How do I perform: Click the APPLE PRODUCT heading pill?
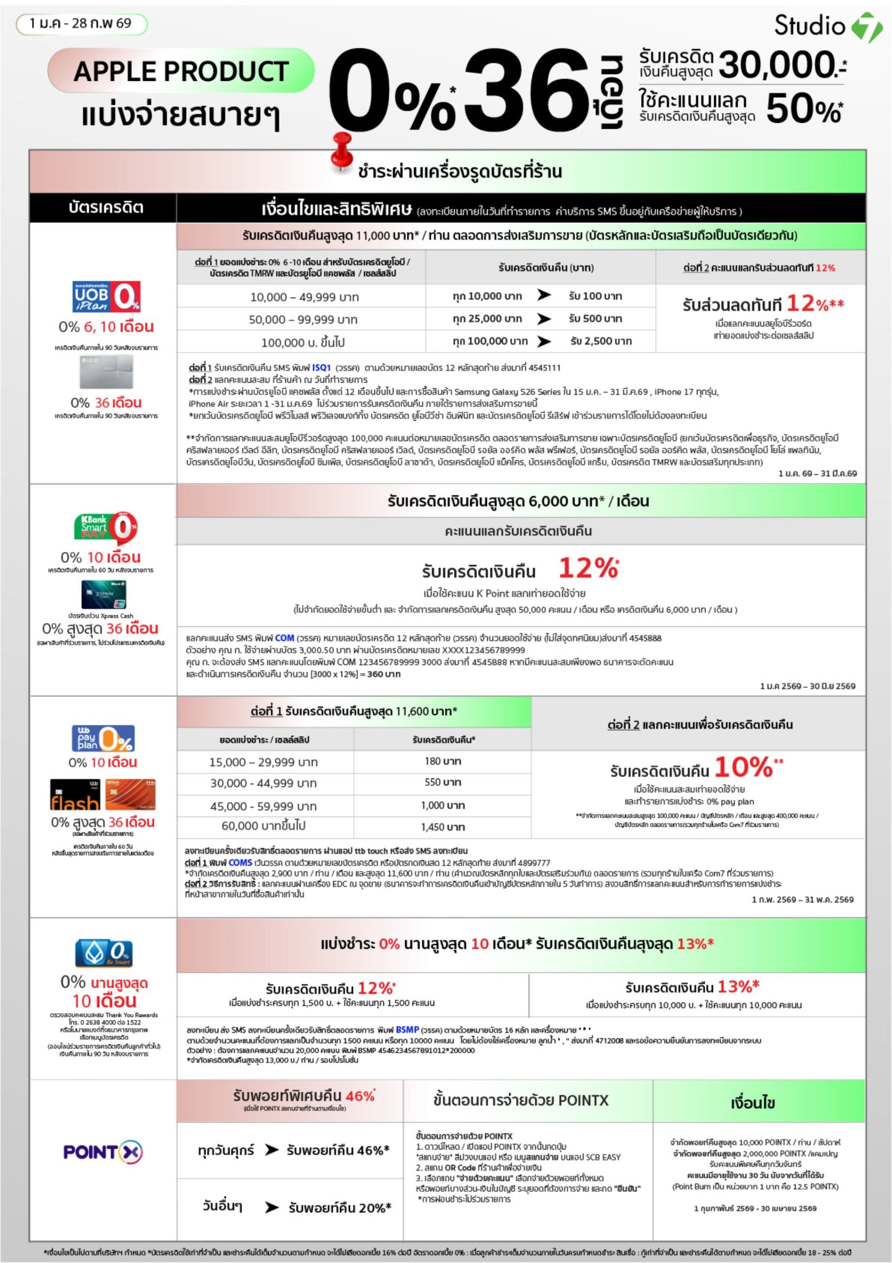click(181, 71)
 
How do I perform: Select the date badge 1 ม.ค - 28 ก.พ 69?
click(81, 24)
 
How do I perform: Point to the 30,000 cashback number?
click(777, 65)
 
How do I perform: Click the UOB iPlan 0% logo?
click(106, 297)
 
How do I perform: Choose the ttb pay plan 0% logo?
click(103, 738)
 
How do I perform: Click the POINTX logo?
click(103, 1152)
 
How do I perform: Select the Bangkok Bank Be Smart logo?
click(104, 952)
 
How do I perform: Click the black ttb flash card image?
click(75, 794)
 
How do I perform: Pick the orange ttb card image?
click(130, 794)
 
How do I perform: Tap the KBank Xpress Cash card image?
click(103, 594)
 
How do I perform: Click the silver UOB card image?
click(106, 372)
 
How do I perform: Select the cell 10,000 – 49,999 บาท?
click(304, 297)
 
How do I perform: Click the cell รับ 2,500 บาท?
click(601, 341)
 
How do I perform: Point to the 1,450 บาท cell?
click(443, 827)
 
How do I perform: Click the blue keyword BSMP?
click(407, 1029)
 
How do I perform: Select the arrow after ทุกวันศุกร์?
click(272, 1150)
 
